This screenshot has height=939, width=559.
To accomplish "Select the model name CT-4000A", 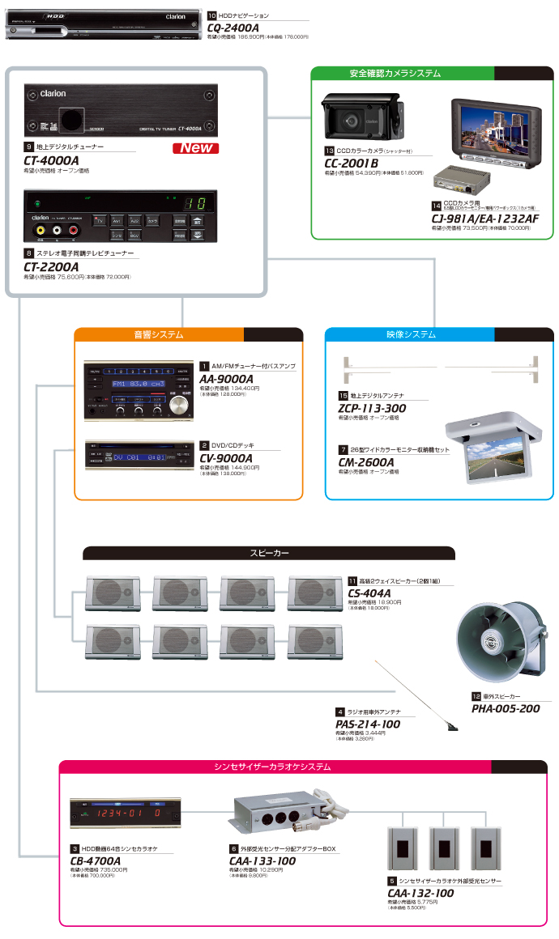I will [x=52, y=160].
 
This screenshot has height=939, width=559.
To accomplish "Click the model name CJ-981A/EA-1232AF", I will [x=484, y=218].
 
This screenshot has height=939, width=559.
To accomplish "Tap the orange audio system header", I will [x=159, y=334].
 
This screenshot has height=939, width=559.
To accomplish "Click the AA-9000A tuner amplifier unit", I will [x=139, y=390].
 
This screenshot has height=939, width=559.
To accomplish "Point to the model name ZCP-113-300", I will [x=372, y=408].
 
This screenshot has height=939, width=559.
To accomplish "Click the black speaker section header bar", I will [x=269, y=554].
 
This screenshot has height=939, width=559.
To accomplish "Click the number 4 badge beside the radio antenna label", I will [x=340, y=712].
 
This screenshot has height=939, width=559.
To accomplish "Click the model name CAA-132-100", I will [x=420, y=893].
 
